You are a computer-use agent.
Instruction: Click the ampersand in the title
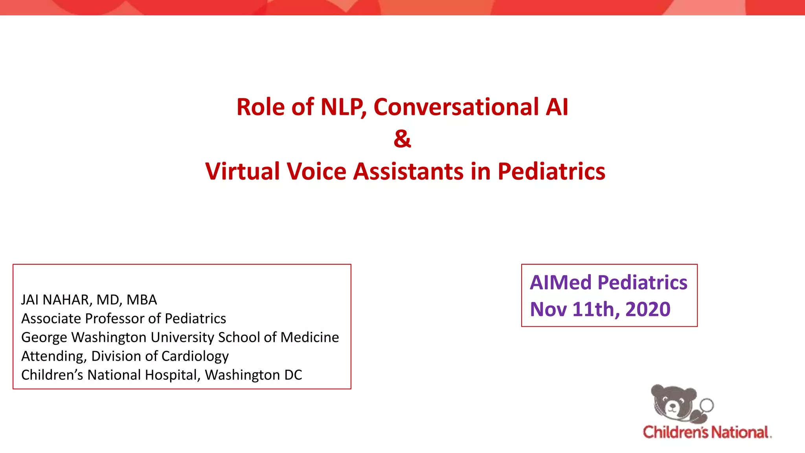[402, 139]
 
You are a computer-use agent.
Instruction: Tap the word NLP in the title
[343, 107]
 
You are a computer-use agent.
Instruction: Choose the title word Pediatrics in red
[551, 171]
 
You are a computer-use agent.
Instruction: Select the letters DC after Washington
[293, 375]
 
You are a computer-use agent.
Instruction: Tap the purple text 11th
[593, 309]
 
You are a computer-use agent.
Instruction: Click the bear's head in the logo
[673, 401]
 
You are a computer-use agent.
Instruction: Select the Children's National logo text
[707, 432]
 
